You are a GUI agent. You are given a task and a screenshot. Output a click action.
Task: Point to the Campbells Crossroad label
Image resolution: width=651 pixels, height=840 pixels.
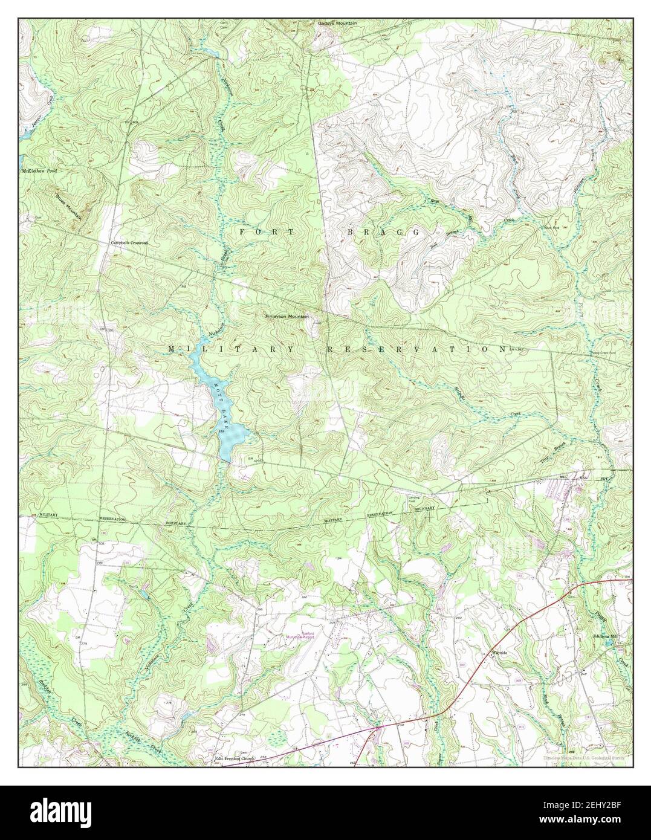click(x=128, y=243)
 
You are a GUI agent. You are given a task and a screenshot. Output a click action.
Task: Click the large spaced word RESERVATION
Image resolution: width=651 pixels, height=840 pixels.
click(x=416, y=349)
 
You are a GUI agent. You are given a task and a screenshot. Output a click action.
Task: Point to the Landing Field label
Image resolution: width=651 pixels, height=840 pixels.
click(x=413, y=497)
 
